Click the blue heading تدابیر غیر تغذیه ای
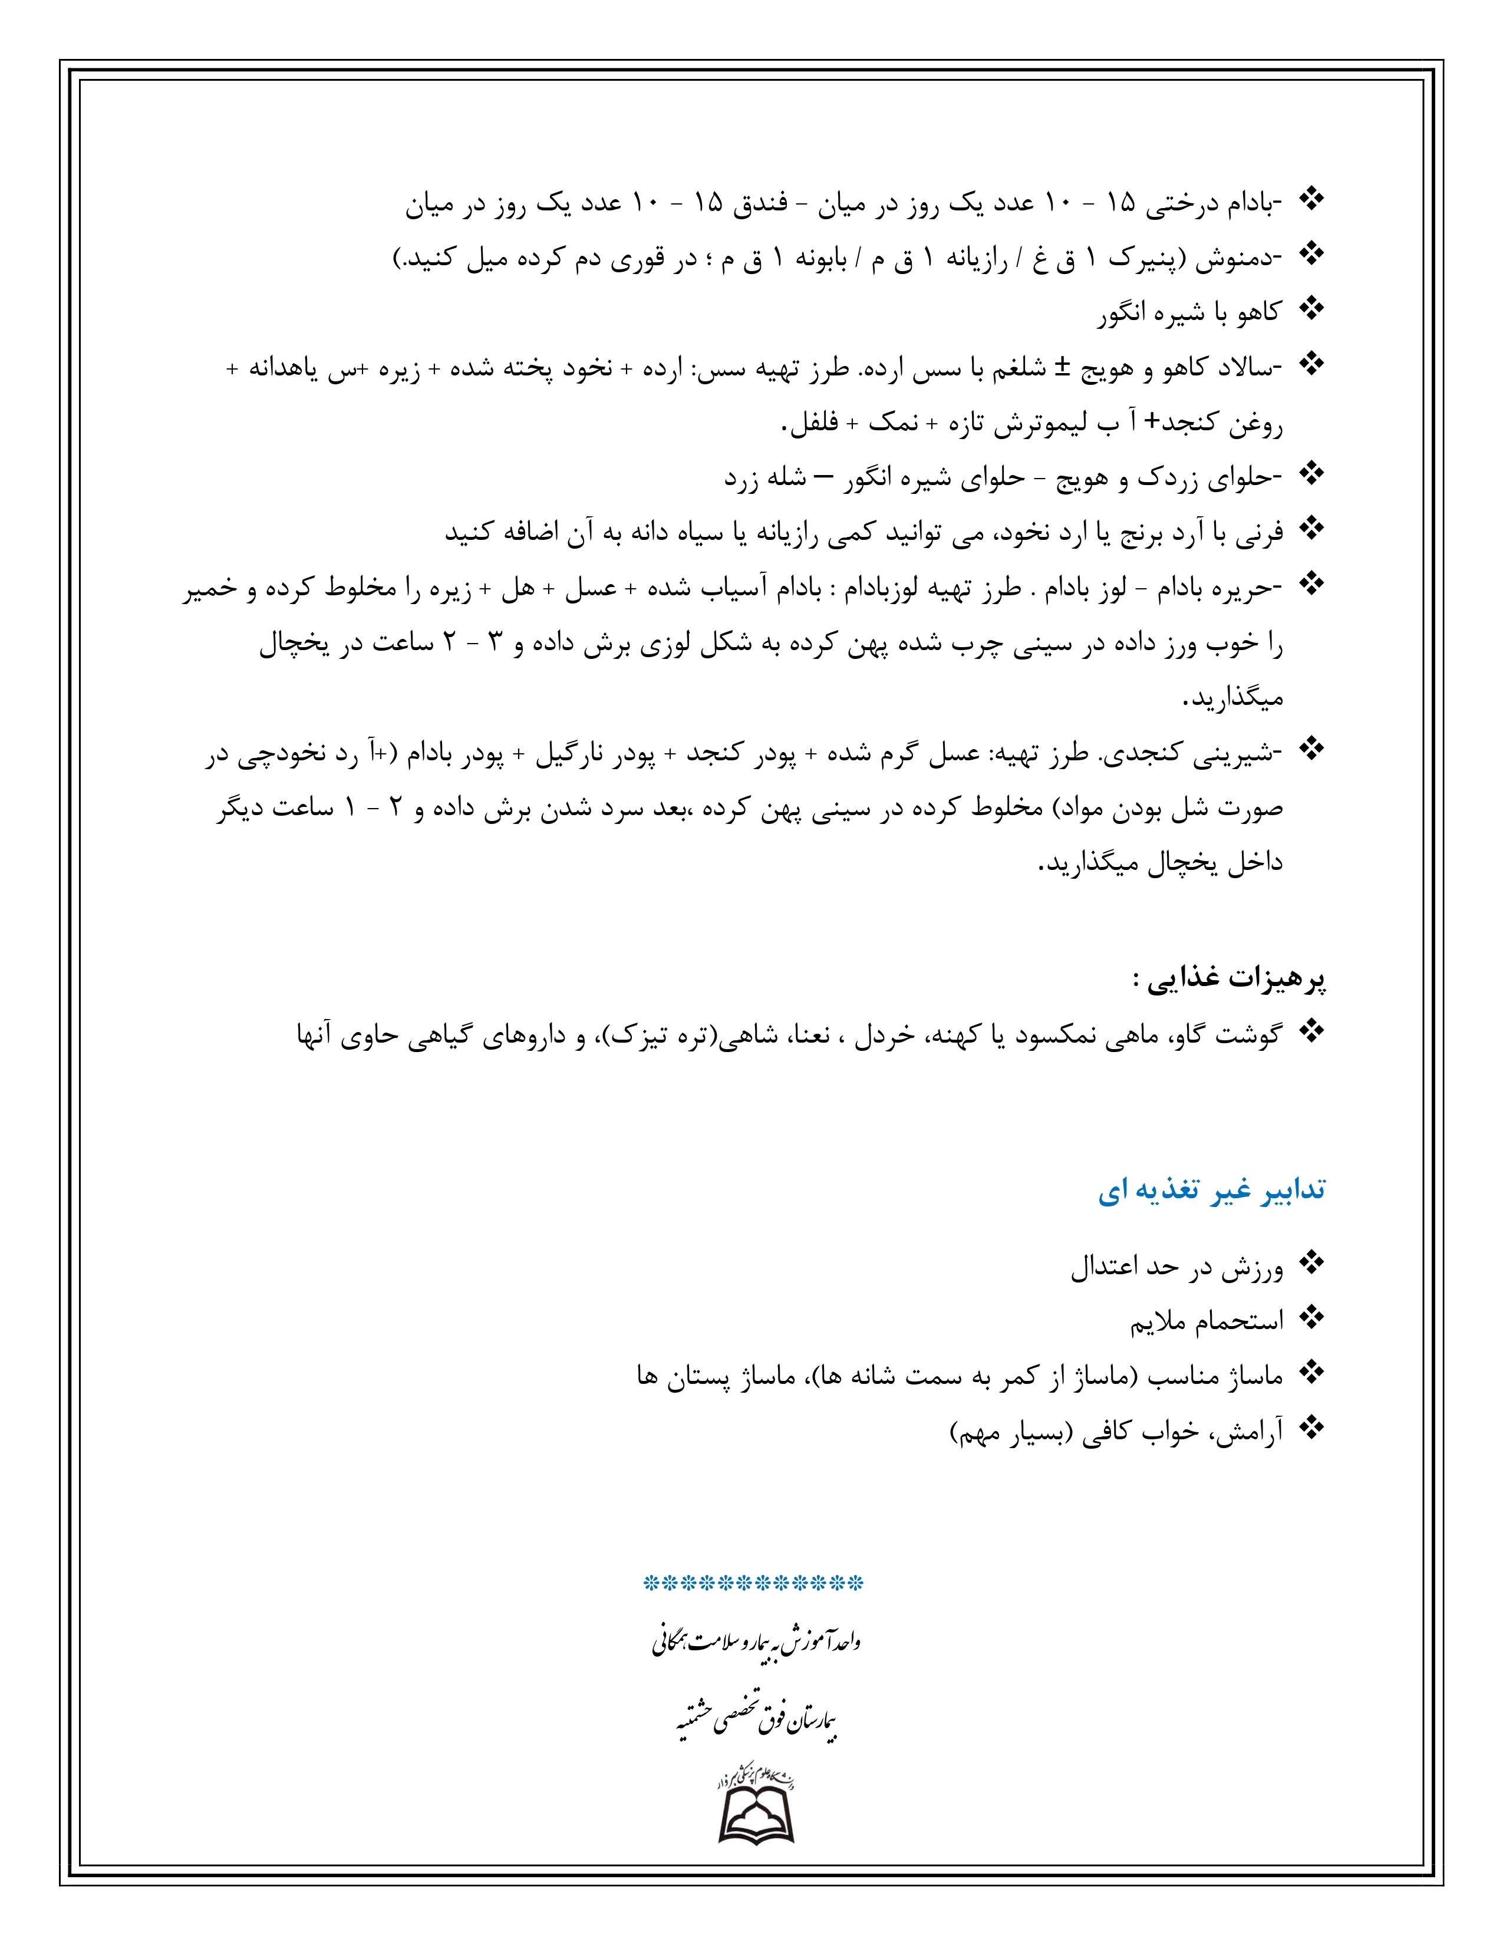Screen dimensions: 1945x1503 pos(1211,1191)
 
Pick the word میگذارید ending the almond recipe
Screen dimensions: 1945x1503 pos(1232,699)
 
